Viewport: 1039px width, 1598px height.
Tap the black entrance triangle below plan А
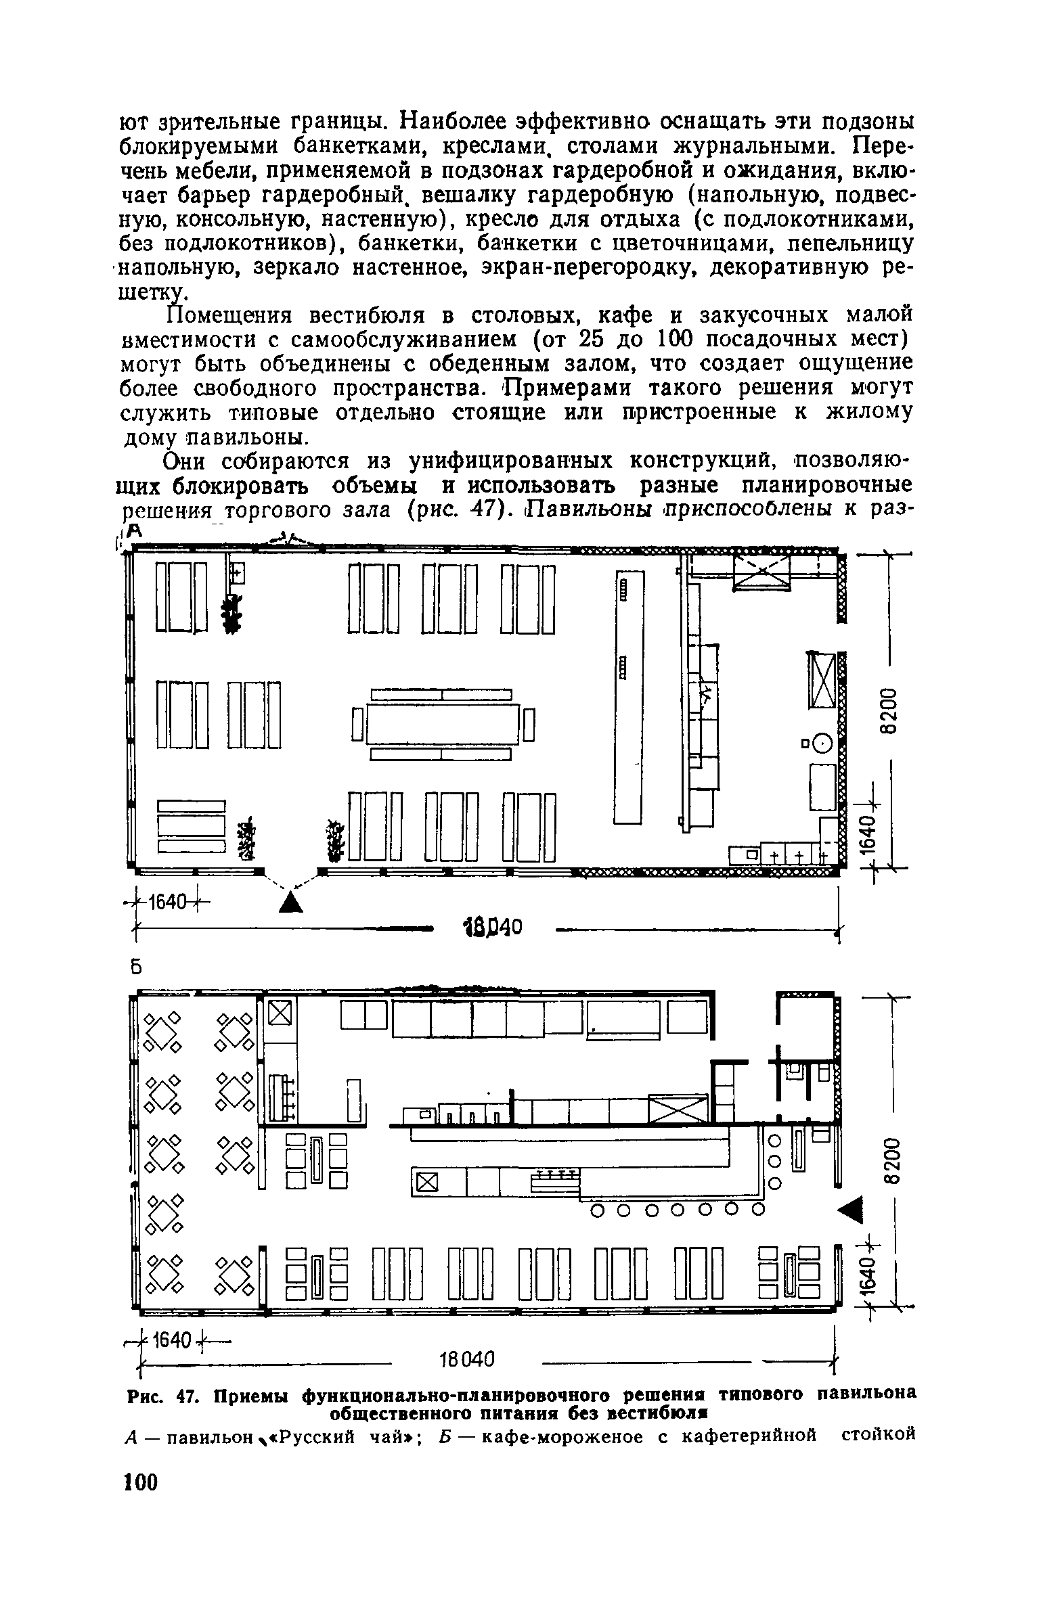(290, 902)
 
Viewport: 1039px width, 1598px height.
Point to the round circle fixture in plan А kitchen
(821, 744)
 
